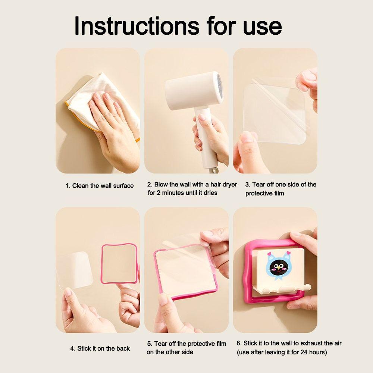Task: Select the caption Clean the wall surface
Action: coord(99,185)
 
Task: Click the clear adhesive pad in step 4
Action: coord(75,269)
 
